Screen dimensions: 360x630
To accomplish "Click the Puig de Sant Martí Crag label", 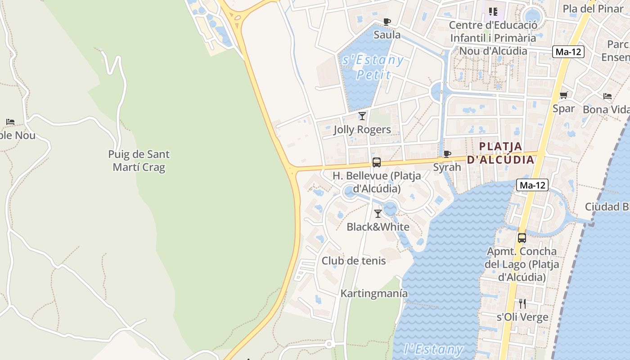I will [x=139, y=161].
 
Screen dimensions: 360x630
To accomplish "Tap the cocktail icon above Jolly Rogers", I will [x=362, y=116].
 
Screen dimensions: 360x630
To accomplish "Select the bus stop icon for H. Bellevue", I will [x=377, y=162].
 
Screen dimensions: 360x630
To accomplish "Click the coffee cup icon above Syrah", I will [x=447, y=154].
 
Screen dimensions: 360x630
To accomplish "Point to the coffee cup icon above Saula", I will [x=387, y=22].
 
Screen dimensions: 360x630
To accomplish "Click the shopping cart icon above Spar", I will [x=563, y=95].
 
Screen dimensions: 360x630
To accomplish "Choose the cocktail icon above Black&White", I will [x=378, y=214].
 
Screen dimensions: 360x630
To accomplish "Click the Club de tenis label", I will [x=354, y=261].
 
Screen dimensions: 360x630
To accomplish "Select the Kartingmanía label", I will [x=374, y=293].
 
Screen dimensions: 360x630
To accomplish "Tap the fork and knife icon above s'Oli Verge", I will [x=522, y=304].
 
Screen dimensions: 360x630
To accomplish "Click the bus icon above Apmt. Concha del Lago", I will [x=522, y=238].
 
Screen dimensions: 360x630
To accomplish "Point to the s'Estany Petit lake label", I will [x=373, y=67].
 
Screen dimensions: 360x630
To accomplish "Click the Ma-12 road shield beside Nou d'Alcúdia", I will [x=568, y=52].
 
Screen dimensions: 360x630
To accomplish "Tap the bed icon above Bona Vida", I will [x=607, y=96].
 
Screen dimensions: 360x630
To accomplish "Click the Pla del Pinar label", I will [x=593, y=9].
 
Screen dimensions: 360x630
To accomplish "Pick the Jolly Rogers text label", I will [x=362, y=130].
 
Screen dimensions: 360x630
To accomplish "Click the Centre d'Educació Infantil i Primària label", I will [x=493, y=38].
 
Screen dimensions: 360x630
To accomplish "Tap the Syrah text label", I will [x=447, y=167].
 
